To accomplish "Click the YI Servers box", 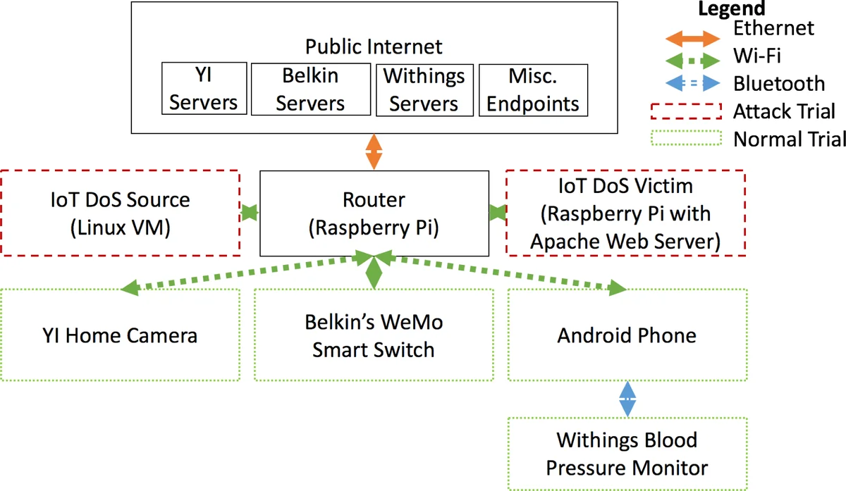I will point(204,88).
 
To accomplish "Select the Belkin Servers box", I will point(310,89).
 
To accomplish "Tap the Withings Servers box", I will point(424,89).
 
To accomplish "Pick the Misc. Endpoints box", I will point(533,89).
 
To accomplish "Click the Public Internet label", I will point(374,47).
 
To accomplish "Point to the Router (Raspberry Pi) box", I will point(374,213).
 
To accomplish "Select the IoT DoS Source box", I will point(120,213).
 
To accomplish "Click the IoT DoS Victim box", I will point(625,213).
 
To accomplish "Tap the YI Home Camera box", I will point(120,335).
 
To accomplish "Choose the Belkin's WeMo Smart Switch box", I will point(374,335).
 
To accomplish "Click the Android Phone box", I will point(627,335).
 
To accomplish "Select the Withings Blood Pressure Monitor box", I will point(627,454).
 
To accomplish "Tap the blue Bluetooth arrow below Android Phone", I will point(627,399).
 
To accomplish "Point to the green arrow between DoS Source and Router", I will point(250,212).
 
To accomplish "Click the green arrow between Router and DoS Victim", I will point(497,212).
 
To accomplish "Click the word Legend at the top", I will point(731,8).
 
